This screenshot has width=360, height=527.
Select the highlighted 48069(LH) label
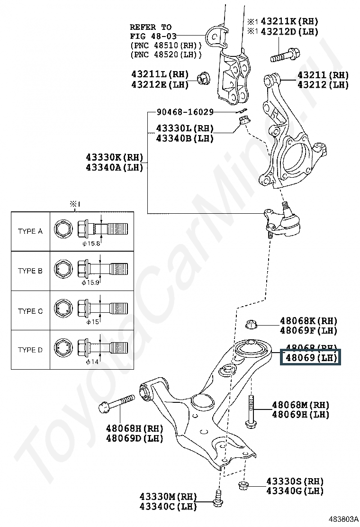310,357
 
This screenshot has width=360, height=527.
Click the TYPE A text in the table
30,231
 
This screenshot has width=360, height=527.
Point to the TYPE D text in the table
30,350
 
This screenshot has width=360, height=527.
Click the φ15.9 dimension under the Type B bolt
90,282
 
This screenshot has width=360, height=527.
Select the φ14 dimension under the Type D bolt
91,362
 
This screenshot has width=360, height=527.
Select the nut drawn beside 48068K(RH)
252,325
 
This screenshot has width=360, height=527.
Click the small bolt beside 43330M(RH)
218,497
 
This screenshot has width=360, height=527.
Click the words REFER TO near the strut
151,27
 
